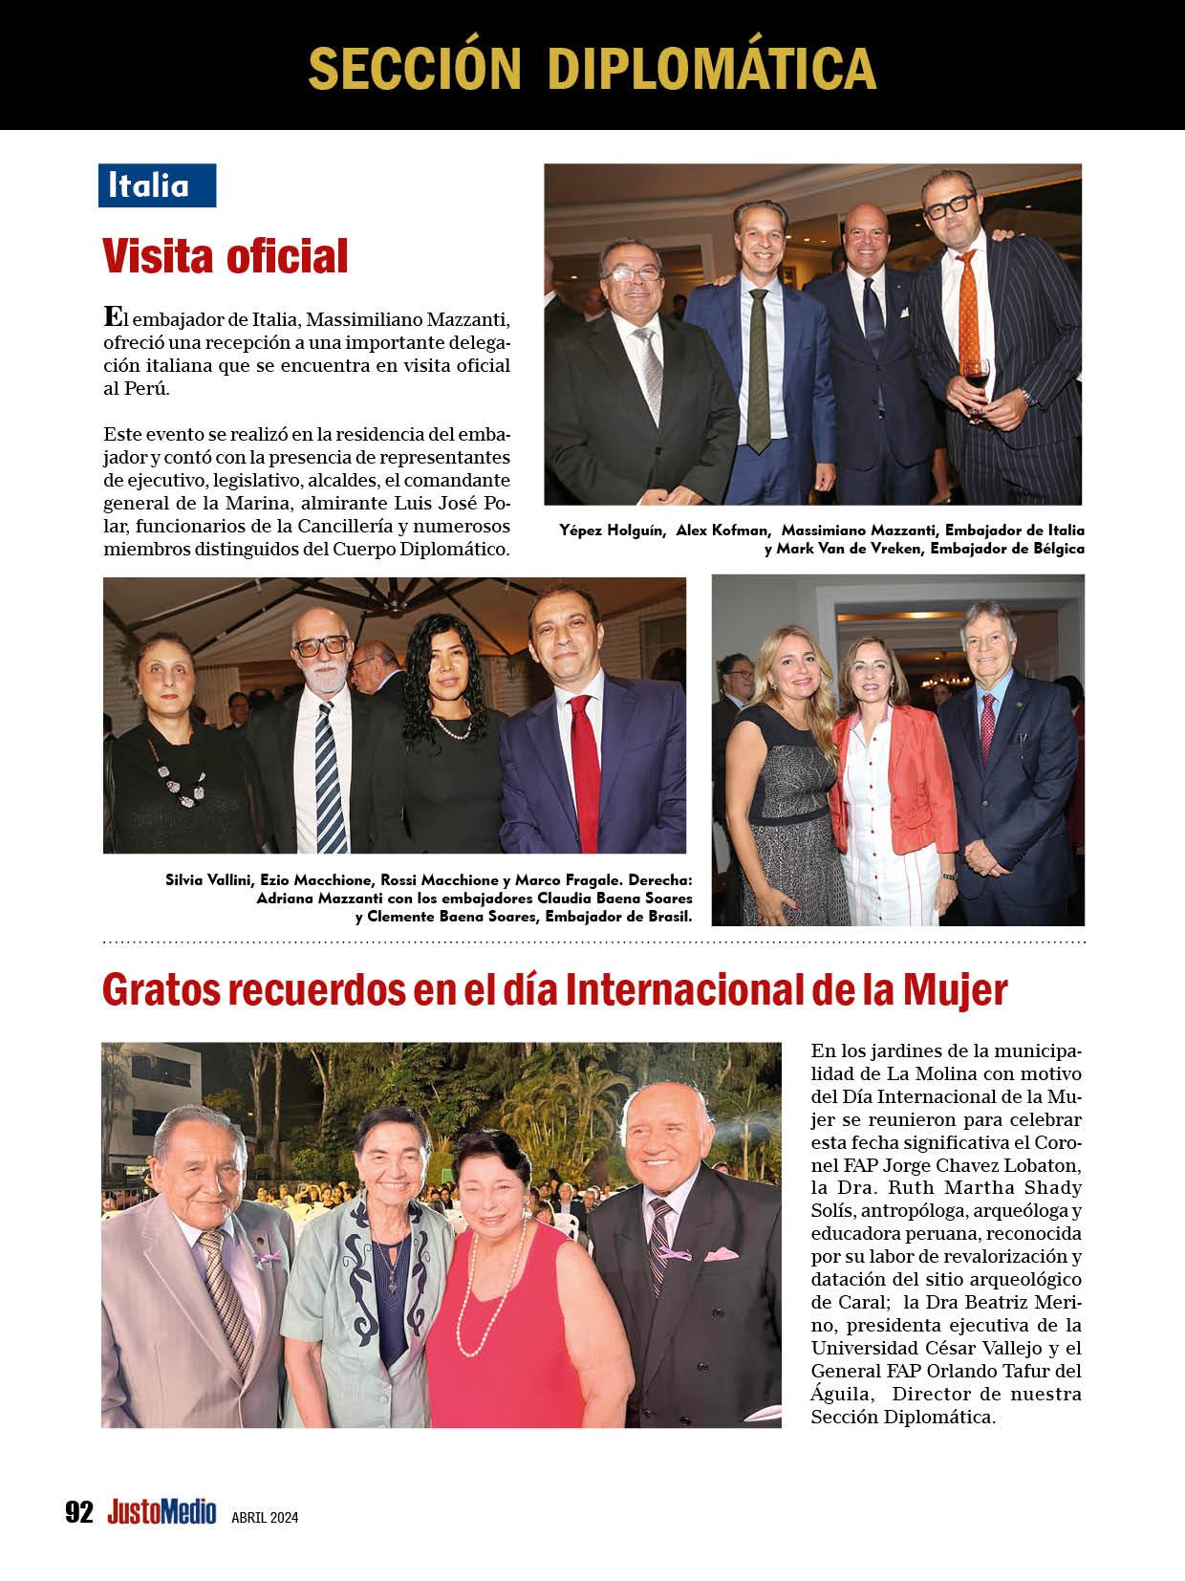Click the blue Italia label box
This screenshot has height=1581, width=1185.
157,185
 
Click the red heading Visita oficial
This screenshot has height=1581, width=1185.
225,255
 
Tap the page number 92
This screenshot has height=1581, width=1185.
79,1512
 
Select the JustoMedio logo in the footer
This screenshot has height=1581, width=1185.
162,1512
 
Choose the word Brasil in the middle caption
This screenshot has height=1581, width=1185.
664,916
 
